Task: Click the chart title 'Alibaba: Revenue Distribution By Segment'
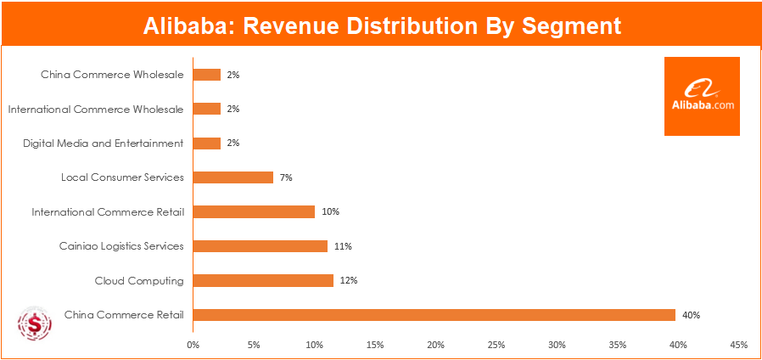(x=381, y=25)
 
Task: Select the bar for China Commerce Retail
(x=434, y=315)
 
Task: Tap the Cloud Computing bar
(x=263, y=280)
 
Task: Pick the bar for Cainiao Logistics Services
(x=260, y=246)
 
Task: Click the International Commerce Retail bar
(x=254, y=211)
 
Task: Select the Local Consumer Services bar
(x=233, y=177)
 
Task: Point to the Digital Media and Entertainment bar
(x=207, y=143)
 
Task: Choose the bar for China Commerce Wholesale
(x=207, y=75)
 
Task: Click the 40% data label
(x=691, y=315)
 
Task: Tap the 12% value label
(x=349, y=280)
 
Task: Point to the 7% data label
(x=286, y=177)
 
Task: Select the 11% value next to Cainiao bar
(x=343, y=246)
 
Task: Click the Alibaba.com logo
(x=702, y=96)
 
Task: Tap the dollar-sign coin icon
(x=35, y=324)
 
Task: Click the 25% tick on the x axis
(x=496, y=346)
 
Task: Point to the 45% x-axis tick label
(x=738, y=346)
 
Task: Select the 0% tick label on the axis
(x=193, y=346)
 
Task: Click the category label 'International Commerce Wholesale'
(x=96, y=110)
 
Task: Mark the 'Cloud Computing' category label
(x=140, y=280)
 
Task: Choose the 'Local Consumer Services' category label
(x=122, y=177)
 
